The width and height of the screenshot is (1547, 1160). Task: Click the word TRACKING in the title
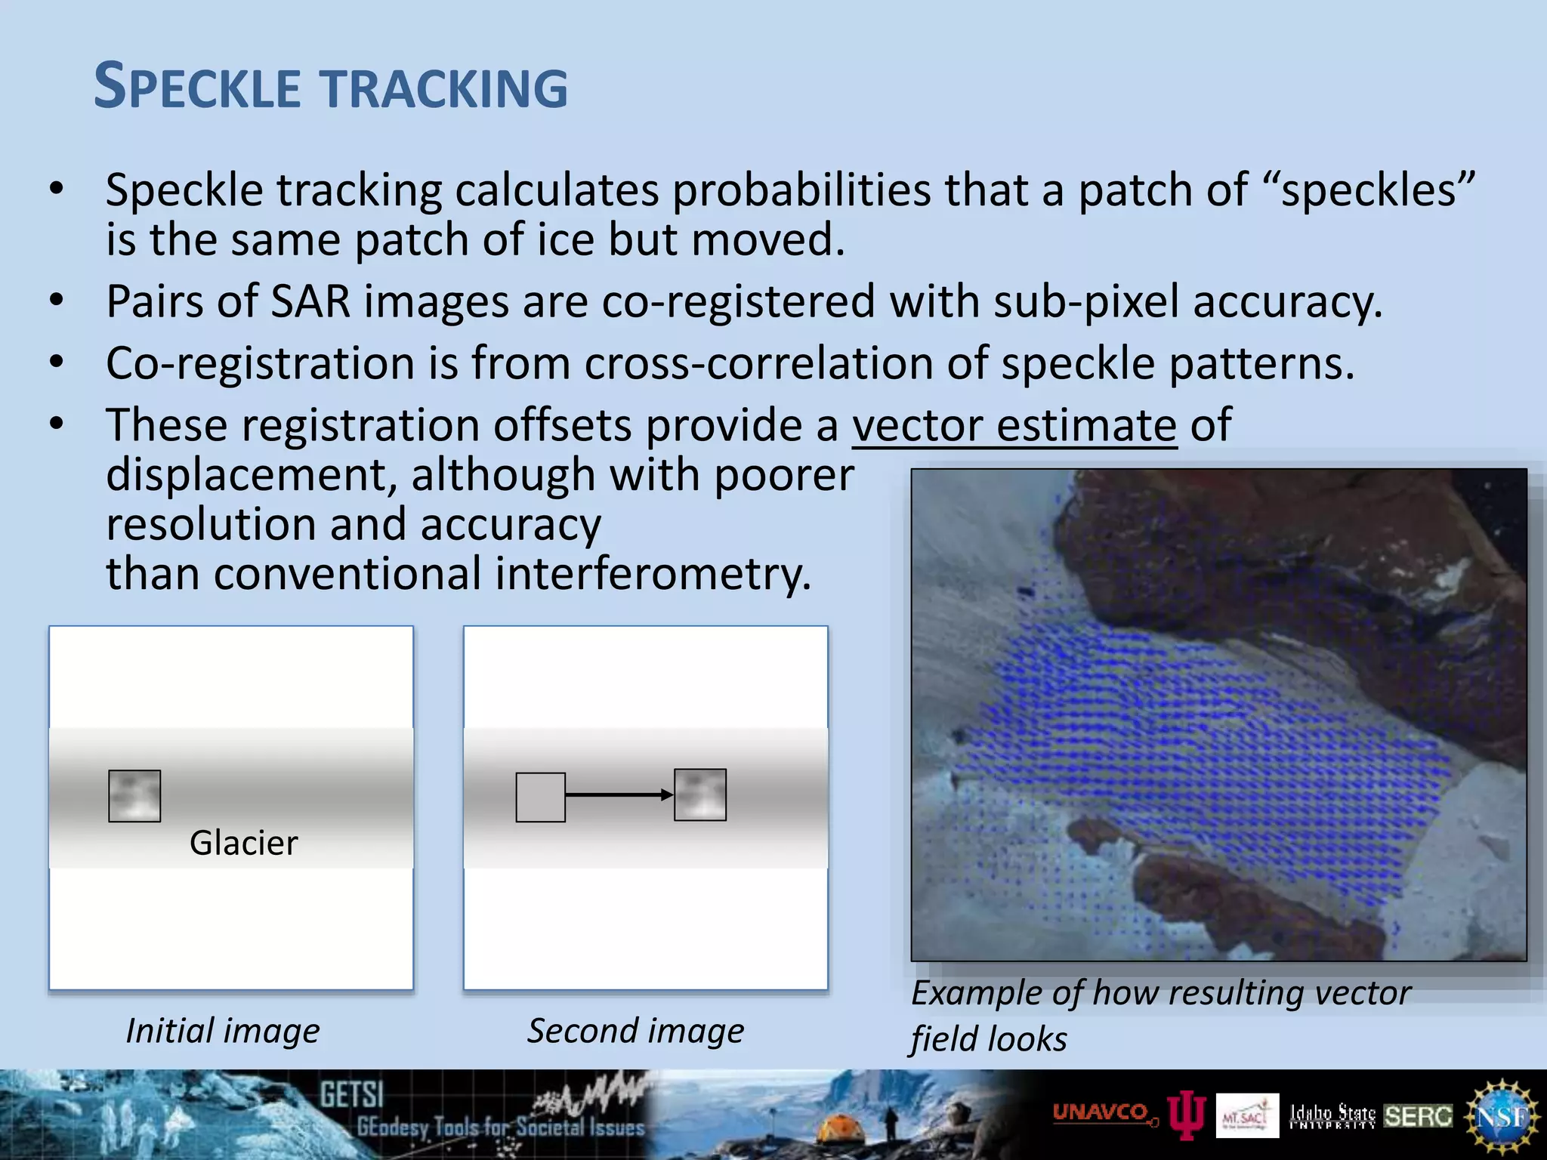446,88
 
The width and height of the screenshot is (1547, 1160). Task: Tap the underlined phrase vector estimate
1014,425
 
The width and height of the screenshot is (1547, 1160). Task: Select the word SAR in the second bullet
310,301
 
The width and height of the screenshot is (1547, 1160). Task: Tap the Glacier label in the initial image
243,843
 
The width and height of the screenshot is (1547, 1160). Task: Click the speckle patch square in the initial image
134,796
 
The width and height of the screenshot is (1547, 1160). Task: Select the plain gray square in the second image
540,797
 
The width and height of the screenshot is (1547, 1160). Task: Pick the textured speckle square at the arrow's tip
700,794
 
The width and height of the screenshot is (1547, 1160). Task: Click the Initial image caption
222,1031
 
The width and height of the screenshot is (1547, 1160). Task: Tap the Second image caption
635,1031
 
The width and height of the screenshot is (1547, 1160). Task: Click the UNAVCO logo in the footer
1102,1113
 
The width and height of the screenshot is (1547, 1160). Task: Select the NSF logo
1502,1116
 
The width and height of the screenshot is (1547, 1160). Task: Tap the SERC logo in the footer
1418,1115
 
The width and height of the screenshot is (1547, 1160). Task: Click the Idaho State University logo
1332,1115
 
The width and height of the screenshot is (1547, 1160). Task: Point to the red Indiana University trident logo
1186,1115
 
